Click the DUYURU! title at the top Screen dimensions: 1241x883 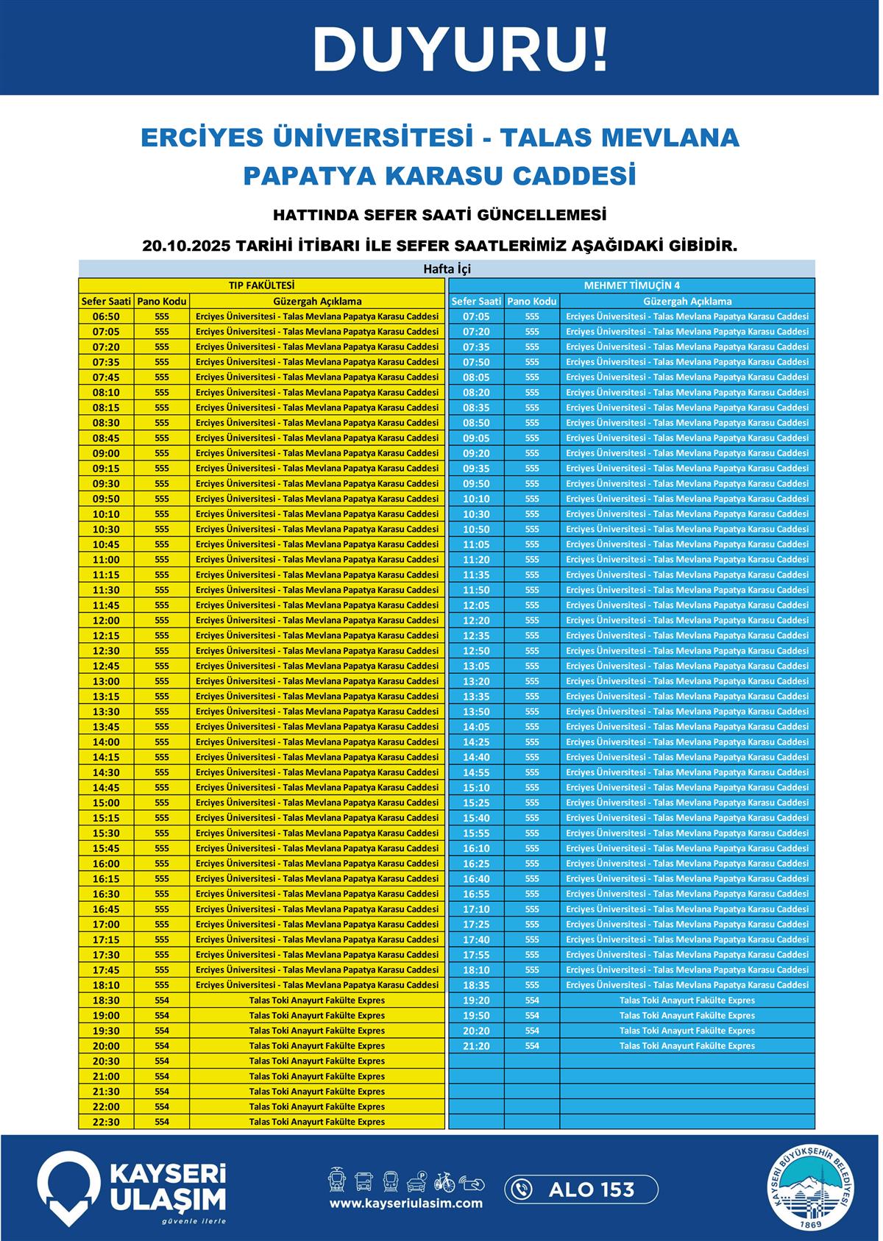(x=460, y=50)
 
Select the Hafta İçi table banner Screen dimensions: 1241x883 (x=447, y=269)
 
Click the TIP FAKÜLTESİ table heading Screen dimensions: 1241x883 (x=261, y=285)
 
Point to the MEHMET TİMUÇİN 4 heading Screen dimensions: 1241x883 (x=631, y=285)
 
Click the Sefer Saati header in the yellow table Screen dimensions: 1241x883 (x=106, y=301)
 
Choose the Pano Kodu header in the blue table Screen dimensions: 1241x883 (x=531, y=301)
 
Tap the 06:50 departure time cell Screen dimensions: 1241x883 (x=106, y=316)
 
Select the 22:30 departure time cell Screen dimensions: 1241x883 (x=106, y=1122)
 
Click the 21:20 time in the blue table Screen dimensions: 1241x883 (x=476, y=1046)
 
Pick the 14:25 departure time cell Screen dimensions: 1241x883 (x=476, y=742)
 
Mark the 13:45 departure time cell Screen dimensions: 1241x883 (x=106, y=727)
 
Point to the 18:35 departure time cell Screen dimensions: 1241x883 (x=476, y=985)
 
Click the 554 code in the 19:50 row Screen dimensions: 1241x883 (x=532, y=1015)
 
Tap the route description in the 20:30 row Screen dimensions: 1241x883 (x=316, y=1061)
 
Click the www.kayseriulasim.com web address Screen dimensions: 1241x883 (x=405, y=1203)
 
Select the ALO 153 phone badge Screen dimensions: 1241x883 (x=581, y=1190)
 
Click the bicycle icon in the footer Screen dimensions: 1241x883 (x=444, y=1181)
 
